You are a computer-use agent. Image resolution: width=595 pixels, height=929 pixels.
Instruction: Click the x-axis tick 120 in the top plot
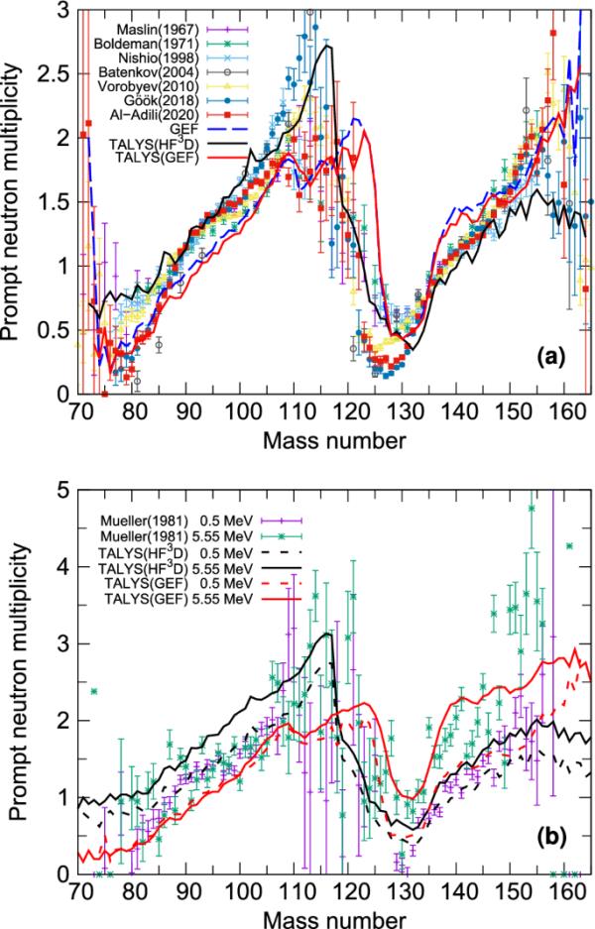(x=349, y=412)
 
